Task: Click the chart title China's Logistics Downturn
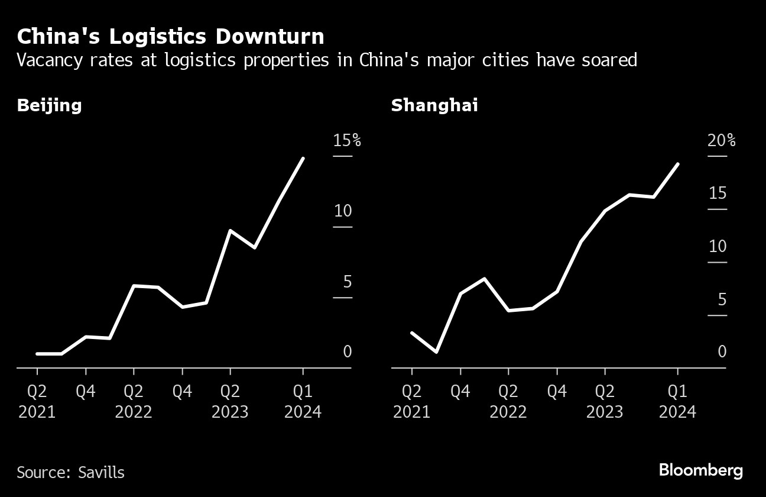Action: [x=170, y=37]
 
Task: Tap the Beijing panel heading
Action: [x=49, y=106]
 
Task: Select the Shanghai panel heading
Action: [x=434, y=106]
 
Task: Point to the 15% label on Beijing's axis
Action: [x=346, y=140]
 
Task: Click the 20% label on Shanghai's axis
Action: [x=722, y=140]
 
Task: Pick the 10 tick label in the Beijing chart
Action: [x=343, y=211]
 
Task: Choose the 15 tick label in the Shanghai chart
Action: [x=718, y=193]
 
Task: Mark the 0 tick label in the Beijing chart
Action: [x=348, y=351]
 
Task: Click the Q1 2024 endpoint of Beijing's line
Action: [x=303, y=159]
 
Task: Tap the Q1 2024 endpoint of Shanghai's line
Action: [x=677, y=164]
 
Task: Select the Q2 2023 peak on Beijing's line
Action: [x=230, y=230]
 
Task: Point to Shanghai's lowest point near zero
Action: [x=436, y=352]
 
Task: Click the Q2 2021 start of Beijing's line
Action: [x=37, y=354]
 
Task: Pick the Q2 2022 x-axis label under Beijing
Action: [x=134, y=401]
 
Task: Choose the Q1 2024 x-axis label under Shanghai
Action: [x=677, y=401]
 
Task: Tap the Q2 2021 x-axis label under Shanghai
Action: [x=411, y=401]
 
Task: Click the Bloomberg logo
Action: [x=701, y=471]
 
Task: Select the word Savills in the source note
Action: [x=102, y=473]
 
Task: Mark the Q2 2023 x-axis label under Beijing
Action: [x=230, y=401]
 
